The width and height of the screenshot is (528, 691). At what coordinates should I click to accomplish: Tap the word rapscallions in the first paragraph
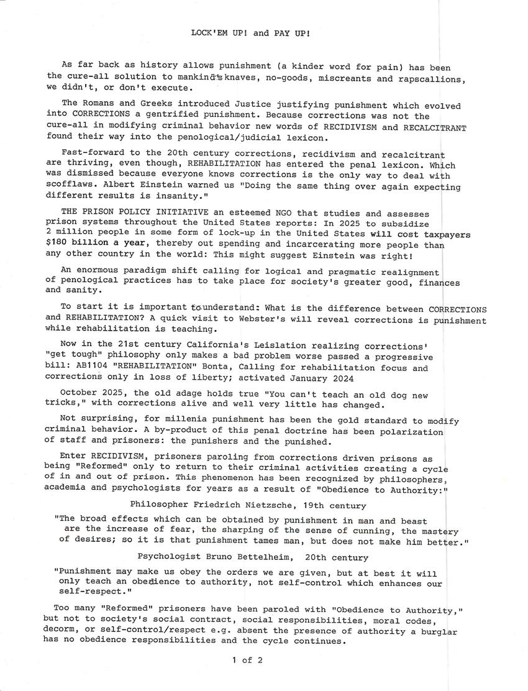(x=433, y=79)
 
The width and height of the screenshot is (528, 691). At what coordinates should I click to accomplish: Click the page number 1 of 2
(x=247, y=661)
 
